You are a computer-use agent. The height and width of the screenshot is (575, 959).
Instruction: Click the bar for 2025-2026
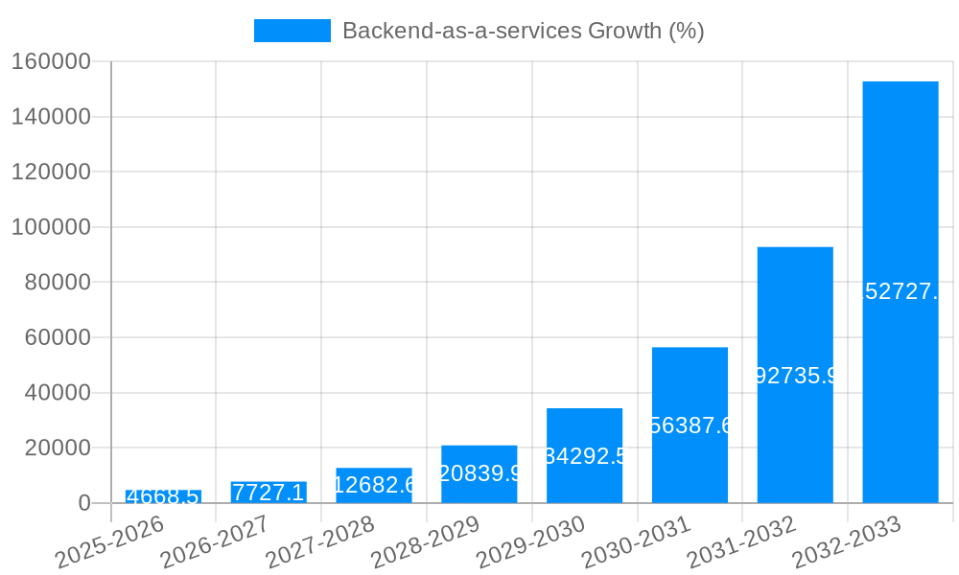[x=163, y=496]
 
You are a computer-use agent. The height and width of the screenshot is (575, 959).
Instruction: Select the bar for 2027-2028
[x=374, y=486]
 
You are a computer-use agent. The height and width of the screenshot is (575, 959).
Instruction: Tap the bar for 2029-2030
[x=584, y=456]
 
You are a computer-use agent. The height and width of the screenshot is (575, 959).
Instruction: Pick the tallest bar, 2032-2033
[x=900, y=292]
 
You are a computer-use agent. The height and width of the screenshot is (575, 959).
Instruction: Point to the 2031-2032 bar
[x=795, y=375]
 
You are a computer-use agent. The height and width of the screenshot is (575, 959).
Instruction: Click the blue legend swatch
[x=292, y=31]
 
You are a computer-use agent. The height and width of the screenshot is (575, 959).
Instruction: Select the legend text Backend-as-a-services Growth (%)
[x=523, y=31]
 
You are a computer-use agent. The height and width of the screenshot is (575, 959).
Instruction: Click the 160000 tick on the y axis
[x=51, y=61]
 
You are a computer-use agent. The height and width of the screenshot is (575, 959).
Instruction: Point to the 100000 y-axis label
[x=51, y=227]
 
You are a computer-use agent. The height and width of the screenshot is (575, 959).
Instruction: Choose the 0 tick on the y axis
[x=84, y=503]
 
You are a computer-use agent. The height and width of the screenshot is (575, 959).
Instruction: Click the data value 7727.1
[x=269, y=493]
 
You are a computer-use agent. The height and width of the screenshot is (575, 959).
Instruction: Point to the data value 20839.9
[x=479, y=473]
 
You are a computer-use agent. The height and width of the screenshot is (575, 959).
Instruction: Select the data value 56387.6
[x=690, y=425]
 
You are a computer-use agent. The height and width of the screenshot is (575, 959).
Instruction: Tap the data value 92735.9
[x=795, y=376]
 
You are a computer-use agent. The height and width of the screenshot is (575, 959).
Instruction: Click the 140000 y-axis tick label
[x=51, y=117]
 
